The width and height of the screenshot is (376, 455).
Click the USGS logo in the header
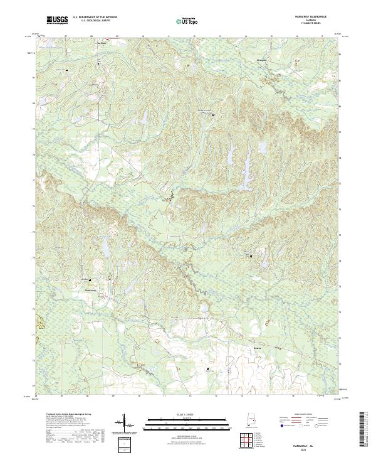[57, 20]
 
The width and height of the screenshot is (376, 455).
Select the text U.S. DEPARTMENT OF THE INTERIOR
[95, 18]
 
